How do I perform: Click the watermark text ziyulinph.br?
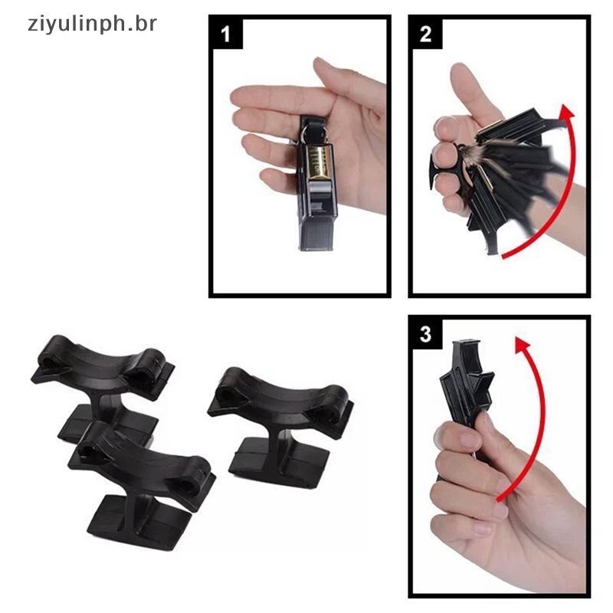click(92, 25)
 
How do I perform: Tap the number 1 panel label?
click(225, 34)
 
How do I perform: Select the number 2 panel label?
click(425, 34)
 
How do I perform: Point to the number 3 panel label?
click(425, 335)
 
